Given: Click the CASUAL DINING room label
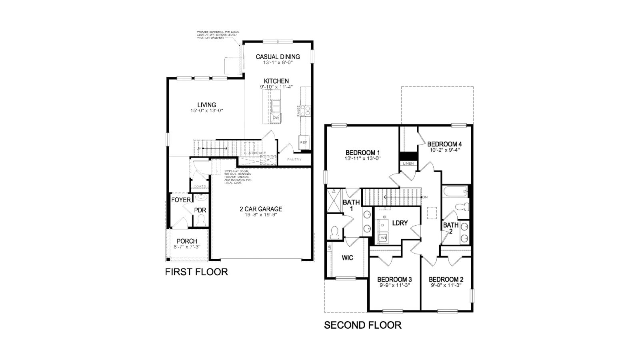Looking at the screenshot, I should pyautogui.click(x=278, y=57).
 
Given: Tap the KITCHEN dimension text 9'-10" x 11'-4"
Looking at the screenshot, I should pyautogui.click(x=276, y=87).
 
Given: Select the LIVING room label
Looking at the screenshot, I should pyautogui.click(x=206, y=105).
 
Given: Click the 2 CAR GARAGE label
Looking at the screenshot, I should pyautogui.click(x=261, y=209).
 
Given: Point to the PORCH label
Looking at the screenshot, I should pyautogui.click(x=187, y=241).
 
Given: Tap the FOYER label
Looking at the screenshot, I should pyautogui.click(x=181, y=200).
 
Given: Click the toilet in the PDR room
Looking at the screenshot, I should pyautogui.click(x=201, y=219).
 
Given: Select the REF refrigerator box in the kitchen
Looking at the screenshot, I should pyautogui.click(x=304, y=142).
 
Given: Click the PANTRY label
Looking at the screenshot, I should pyautogui.click(x=294, y=160).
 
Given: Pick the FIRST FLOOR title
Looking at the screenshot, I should pyautogui.click(x=196, y=272).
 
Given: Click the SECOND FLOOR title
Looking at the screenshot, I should pyautogui.click(x=362, y=325).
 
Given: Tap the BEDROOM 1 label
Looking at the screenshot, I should pyautogui.click(x=362, y=152).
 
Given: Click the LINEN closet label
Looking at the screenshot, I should pyautogui.click(x=408, y=164).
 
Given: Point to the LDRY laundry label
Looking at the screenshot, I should pyautogui.click(x=400, y=223).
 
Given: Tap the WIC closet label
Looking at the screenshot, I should pyautogui.click(x=347, y=258).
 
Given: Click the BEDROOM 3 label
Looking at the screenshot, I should pyautogui.click(x=394, y=279).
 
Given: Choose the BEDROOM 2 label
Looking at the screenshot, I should pyautogui.click(x=446, y=279).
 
